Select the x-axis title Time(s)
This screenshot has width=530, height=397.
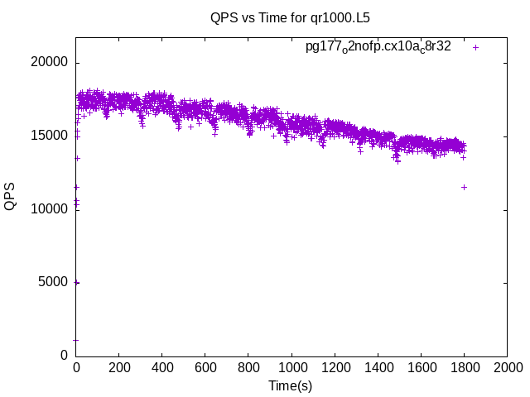point(290,385)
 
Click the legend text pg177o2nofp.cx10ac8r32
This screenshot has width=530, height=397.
point(378,47)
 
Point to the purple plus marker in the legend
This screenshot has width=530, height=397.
point(476,47)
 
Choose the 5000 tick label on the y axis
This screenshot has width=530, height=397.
point(54,282)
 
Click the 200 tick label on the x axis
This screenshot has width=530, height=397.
point(119,367)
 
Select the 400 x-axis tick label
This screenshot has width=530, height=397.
point(162,367)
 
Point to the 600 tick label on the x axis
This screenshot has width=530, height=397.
point(205,367)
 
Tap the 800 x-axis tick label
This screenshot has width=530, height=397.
point(248,367)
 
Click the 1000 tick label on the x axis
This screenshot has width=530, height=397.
point(291,367)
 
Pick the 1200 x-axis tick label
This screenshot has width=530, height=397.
point(335,367)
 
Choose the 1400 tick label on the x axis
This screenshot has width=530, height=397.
point(378,367)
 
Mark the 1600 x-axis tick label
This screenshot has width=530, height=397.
point(421,367)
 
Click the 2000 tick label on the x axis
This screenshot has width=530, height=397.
point(507,367)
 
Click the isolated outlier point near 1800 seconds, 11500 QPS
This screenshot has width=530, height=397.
point(464,187)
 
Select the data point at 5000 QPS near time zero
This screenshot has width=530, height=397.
point(76,282)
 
